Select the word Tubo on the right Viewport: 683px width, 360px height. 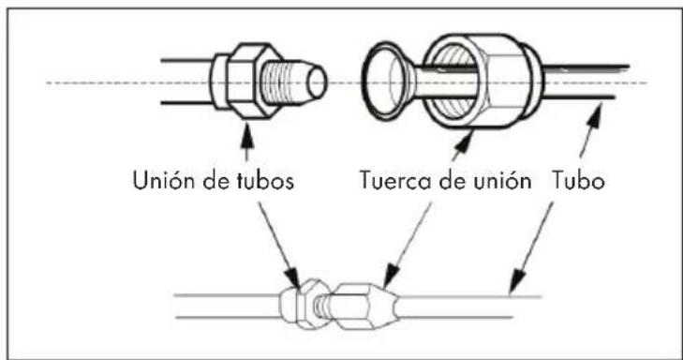pyautogui.click(x=579, y=180)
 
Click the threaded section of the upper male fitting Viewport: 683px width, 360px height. pyautogui.click(x=284, y=82)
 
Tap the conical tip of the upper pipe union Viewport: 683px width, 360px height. pyautogui.click(x=317, y=82)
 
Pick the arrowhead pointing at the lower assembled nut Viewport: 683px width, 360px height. pyautogui.click(x=392, y=276)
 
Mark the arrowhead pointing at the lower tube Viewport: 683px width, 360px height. pyautogui.click(x=516, y=281)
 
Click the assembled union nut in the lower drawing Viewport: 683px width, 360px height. pyautogui.click(x=364, y=306)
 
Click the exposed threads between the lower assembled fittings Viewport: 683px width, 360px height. pyautogui.click(x=322, y=306)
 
